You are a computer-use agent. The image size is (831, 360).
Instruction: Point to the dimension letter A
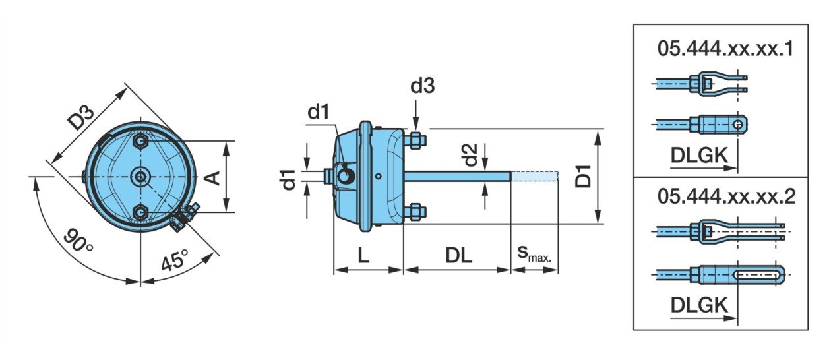click(213, 176)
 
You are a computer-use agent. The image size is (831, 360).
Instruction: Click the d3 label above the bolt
click(422, 87)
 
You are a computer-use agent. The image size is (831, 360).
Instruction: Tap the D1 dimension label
click(583, 176)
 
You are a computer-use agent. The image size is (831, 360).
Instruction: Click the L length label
click(363, 256)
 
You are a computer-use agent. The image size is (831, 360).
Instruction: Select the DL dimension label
click(458, 256)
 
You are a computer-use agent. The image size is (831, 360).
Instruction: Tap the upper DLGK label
click(700, 155)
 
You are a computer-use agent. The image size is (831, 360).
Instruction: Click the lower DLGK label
click(700, 305)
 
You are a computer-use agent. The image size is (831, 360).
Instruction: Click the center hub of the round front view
click(140, 176)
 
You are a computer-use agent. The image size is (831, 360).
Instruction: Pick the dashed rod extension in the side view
click(535, 176)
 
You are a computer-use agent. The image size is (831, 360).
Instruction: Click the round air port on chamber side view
click(345, 175)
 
